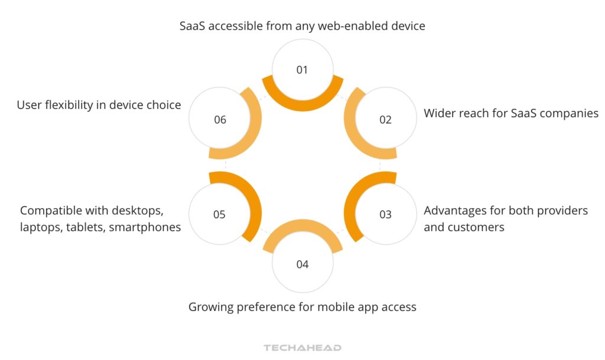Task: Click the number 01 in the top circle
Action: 302,70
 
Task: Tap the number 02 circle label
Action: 385,120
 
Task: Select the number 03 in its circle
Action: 385,215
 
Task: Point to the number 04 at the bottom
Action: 302,264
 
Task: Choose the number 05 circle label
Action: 219,215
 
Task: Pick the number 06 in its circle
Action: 220,120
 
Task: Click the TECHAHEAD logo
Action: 302,348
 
